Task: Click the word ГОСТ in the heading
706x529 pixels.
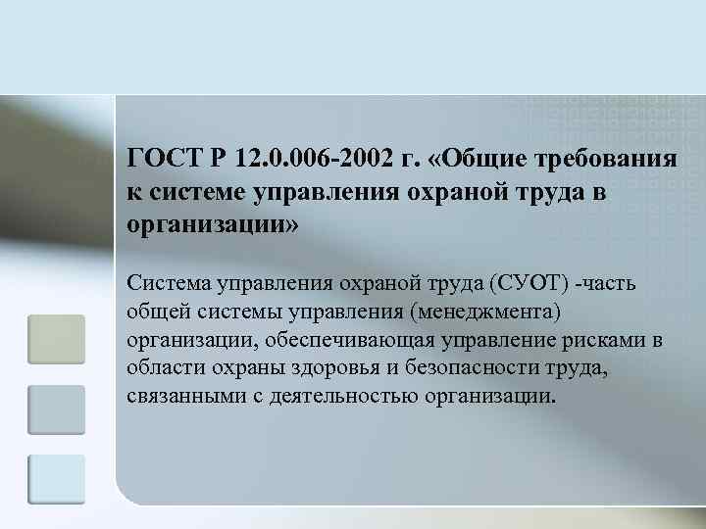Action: [163, 158]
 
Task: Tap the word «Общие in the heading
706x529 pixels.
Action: [477, 158]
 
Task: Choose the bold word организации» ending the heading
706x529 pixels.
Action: [210, 225]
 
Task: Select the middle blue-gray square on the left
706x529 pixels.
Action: [57, 409]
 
